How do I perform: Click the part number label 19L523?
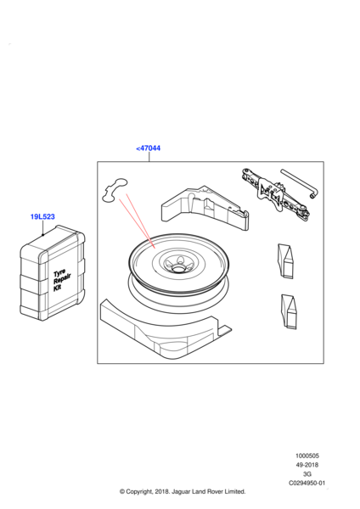[42, 216]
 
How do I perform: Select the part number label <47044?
[148, 148]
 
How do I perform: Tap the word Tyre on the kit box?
[59, 273]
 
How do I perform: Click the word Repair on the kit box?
[62, 280]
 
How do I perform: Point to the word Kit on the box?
[57, 288]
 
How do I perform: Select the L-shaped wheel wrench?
[300, 183]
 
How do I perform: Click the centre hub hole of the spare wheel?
[177, 269]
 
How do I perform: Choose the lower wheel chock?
[289, 311]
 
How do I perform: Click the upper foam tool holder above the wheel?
[205, 208]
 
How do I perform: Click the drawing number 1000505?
[307, 456]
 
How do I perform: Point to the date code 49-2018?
[307, 465]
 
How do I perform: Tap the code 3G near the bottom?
[307, 474]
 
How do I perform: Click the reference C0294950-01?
[307, 483]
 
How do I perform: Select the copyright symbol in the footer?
[122, 492]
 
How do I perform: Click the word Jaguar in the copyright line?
[182, 492]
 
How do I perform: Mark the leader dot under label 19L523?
[42, 235]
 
